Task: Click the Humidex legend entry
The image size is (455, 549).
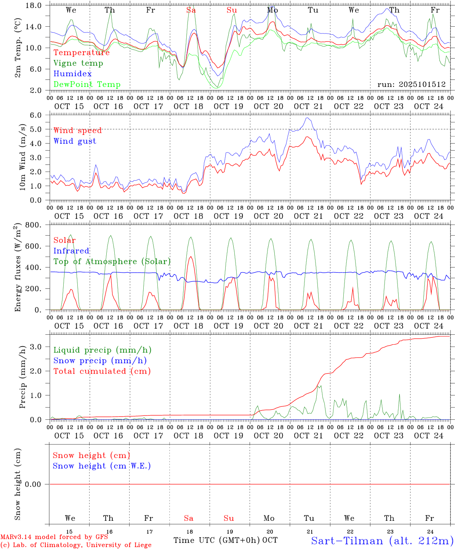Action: (72, 74)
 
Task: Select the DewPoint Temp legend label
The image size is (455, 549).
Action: (87, 85)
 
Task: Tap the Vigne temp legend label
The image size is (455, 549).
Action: (78, 63)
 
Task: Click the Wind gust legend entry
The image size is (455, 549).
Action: (75, 141)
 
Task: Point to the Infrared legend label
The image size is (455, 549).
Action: (71, 251)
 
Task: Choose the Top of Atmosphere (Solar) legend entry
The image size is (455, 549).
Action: (112, 262)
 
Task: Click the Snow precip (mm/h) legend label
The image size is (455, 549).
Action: (100, 361)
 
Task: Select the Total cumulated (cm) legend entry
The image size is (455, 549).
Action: (102, 371)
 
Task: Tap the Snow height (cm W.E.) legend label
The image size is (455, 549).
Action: (101, 466)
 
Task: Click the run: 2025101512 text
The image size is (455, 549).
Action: (411, 85)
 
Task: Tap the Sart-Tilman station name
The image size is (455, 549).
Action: (382, 541)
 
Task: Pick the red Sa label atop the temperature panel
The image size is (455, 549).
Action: (191, 10)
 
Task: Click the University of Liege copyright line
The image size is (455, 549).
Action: (76, 545)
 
